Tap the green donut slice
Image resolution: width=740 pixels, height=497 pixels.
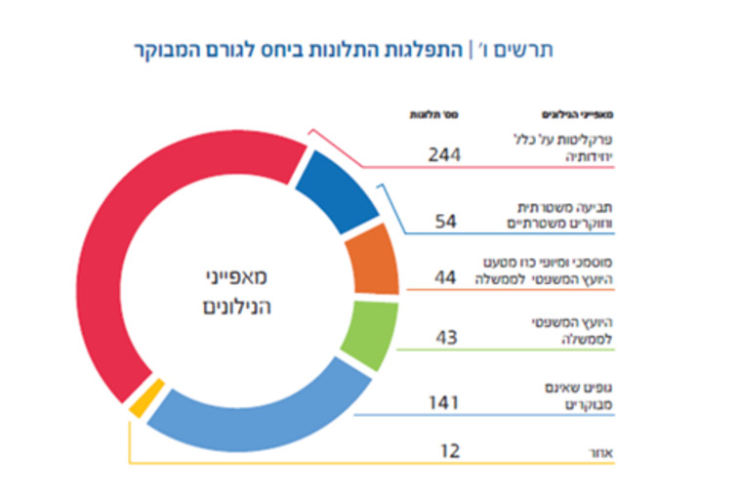[366, 334]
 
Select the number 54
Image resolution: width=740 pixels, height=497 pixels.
[446, 222]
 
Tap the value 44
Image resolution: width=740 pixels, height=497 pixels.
[446, 278]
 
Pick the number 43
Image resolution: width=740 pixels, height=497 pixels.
[446, 337]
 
